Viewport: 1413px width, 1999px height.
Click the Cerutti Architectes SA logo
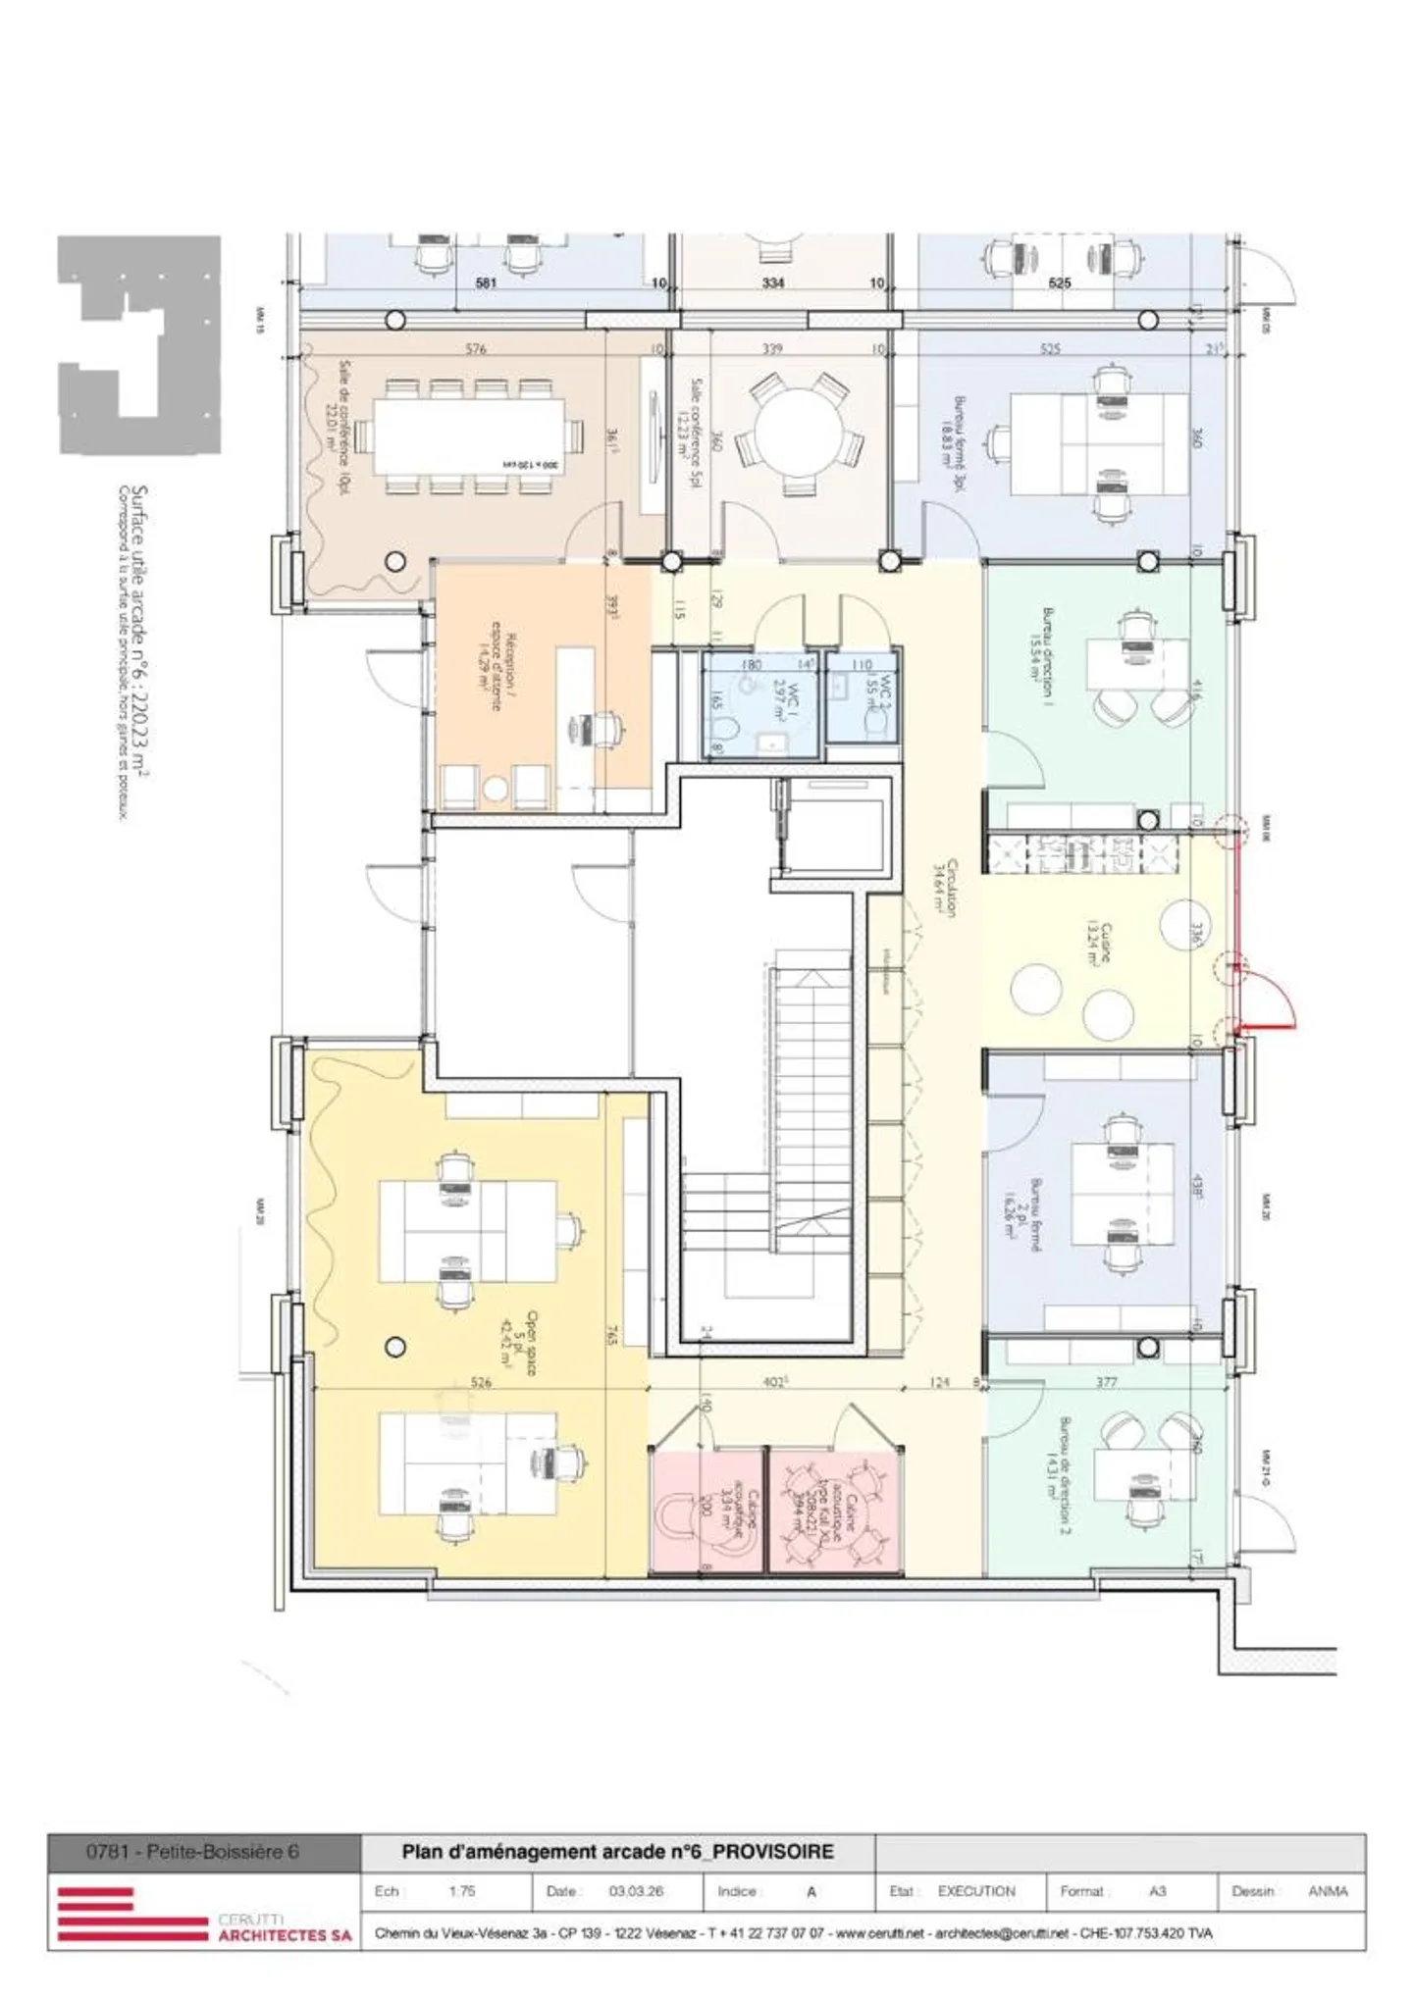[204, 1913]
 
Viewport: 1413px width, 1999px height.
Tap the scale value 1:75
[461, 1890]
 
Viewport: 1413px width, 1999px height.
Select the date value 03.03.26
[636, 1890]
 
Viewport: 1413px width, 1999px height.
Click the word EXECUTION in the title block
[975, 1890]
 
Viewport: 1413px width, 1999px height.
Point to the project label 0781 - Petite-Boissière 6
[192, 1852]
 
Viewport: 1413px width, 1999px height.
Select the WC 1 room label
[787, 702]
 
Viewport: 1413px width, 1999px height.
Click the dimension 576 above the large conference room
[476, 348]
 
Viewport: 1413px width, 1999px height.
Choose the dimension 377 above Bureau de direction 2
[1106, 1382]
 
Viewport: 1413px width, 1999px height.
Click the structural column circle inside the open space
[395, 1347]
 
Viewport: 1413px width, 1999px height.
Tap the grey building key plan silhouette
[137, 343]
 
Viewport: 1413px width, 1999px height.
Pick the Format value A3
[1157, 1890]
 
